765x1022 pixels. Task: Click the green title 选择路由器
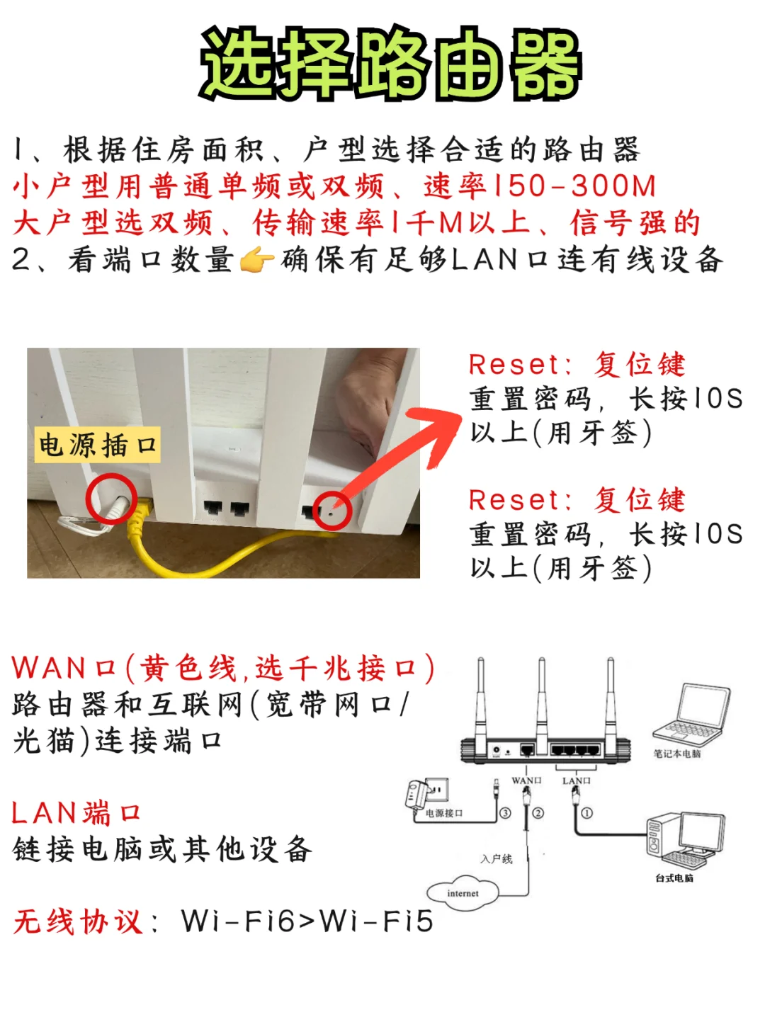[390, 64]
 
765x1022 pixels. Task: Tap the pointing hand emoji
[256, 261]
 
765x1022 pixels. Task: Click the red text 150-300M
[574, 186]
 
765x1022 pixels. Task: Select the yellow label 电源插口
[98, 445]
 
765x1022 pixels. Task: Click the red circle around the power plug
[111, 499]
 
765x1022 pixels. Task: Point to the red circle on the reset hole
[331, 509]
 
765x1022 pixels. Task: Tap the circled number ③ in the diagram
[505, 813]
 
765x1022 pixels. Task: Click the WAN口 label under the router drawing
[526, 780]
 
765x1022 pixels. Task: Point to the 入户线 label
[496, 859]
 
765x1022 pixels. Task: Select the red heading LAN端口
[76, 813]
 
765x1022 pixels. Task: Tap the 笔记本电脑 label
[676, 754]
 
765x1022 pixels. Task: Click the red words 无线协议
[78, 921]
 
